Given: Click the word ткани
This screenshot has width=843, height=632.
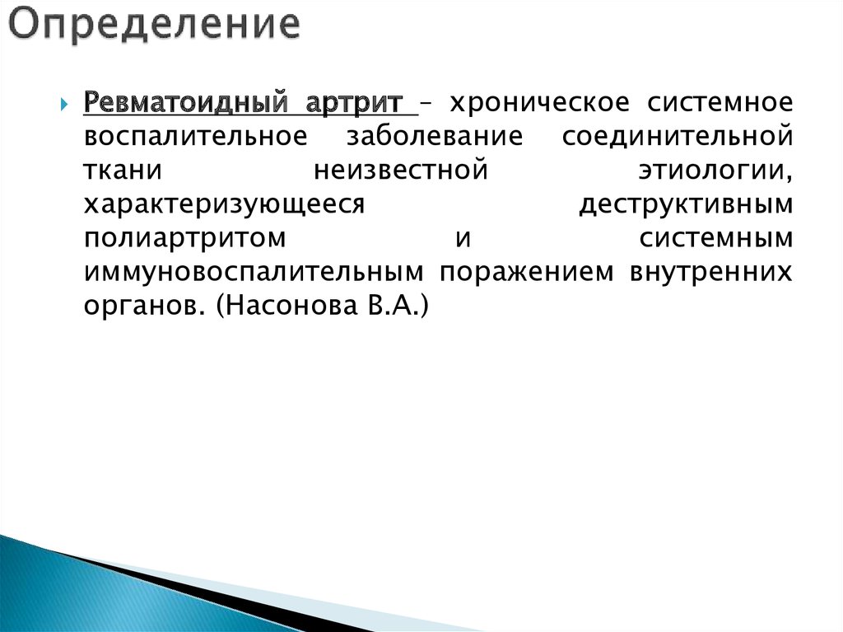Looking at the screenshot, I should (116, 171).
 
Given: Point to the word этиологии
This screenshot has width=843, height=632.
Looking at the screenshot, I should (715, 171).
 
